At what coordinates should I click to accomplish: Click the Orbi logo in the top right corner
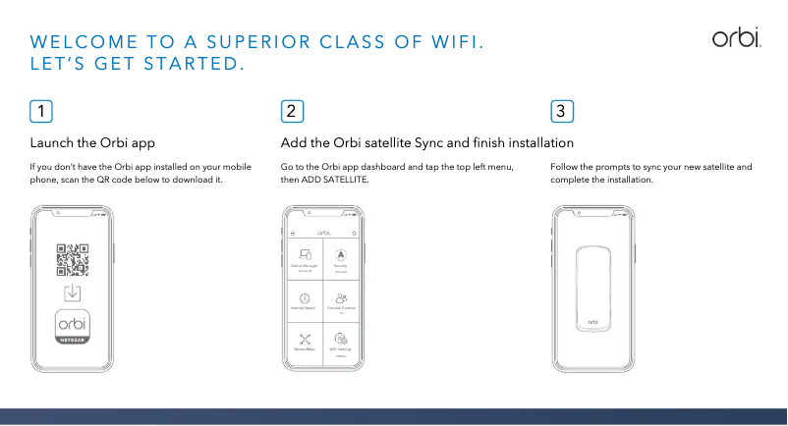pos(736,37)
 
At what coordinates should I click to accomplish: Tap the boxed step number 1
pos(41,111)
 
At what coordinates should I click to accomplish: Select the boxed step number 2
pos(292,111)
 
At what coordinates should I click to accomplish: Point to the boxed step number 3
pos(562,111)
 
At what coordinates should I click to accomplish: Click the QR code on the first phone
pos(73,259)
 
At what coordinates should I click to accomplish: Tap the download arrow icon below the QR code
pos(73,293)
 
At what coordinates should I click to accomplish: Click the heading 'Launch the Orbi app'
pos(93,143)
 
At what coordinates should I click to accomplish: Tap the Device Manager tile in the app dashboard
pos(304,258)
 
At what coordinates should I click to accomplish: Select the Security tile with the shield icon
pos(340,258)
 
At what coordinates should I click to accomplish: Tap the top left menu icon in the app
pos(292,233)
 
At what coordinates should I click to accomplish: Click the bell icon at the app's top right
pos(353,233)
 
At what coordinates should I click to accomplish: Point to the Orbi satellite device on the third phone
pos(592,286)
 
